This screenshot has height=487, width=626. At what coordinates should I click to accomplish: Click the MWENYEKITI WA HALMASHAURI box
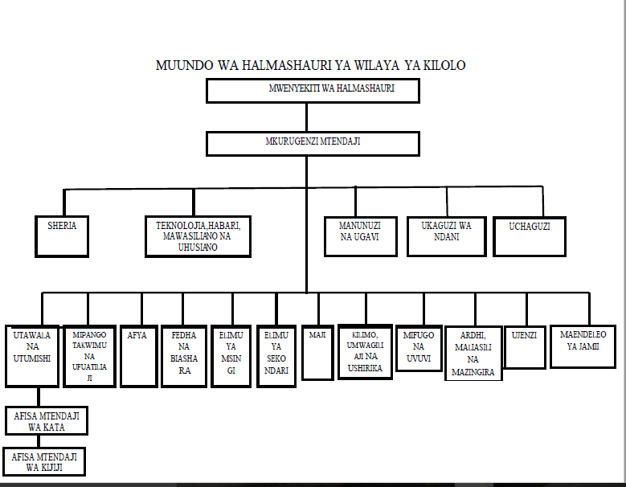tap(313, 91)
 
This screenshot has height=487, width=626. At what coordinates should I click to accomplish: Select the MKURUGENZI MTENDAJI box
tap(313, 143)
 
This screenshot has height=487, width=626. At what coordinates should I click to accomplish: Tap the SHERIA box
tap(62, 235)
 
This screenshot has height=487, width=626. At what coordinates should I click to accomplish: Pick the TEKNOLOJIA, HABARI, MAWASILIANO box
tap(198, 236)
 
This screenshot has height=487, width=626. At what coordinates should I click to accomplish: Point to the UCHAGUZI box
tap(529, 236)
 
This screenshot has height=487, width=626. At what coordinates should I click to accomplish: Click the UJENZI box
tap(526, 346)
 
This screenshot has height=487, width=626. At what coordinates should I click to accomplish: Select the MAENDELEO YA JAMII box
tap(583, 346)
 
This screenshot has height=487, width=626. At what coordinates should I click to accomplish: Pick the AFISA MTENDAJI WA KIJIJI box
tap(44, 461)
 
